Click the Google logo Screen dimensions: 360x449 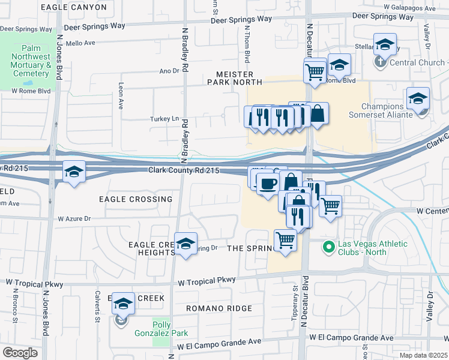(x=20, y=353)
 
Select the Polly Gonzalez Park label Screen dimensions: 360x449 (x=170, y=329)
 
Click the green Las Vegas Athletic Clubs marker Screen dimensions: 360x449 (x=328, y=247)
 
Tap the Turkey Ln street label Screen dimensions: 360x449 (x=164, y=119)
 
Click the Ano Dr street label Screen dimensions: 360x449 (x=169, y=71)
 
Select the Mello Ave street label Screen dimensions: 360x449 (x=81, y=43)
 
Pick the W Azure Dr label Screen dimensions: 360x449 (x=74, y=219)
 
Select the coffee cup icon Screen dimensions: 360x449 (x=268, y=183)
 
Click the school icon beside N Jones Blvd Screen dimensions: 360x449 (x=73, y=173)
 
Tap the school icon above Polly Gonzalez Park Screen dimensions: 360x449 (x=124, y=304)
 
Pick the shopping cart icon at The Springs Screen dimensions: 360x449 (x=285, y=241)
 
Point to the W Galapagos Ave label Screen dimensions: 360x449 (x=417, y=7)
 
